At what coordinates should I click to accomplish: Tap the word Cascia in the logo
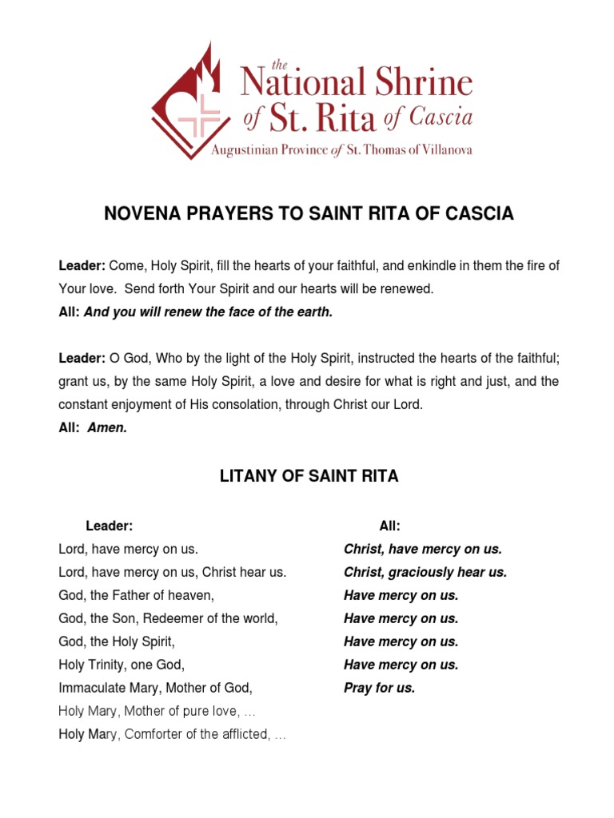point(441,118)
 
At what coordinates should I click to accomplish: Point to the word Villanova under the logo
point(441,150)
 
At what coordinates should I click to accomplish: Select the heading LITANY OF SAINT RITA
point(309,477)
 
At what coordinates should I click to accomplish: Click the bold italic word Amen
point(107,428)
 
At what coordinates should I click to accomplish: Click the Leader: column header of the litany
point(109,526)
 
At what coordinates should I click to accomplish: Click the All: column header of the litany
point(389,526)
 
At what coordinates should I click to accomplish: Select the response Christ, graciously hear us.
point(425,572)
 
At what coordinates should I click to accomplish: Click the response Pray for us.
point(380,688)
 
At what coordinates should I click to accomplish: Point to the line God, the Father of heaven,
point(137,595)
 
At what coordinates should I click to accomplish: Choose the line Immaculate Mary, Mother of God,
point(156,688)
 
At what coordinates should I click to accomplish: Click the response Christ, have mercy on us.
point(423,549)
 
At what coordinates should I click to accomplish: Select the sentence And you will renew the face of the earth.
point(208,312)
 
